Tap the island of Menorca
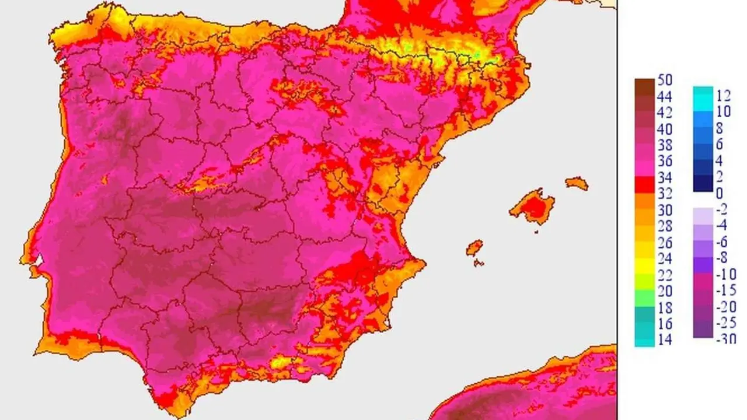click(x=577, y=183)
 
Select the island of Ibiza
click(x=474, y=248)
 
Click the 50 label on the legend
click(x=665, y=80)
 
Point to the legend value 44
click(x=665, y=96)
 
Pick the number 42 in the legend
click(x=665, y=113)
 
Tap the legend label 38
click(x=665, y=145)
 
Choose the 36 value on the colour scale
click(x=665, y=161)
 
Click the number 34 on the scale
click(x=665, y=177)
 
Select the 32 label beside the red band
click(x=665, y=194)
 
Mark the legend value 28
click(x=665, y=226)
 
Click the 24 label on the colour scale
click(x=665, y=258)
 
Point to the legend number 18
click(x=665, y=307)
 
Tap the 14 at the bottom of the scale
click(x=665, y=339)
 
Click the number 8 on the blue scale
click(x=719, y=128)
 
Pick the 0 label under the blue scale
click(x=719, y=193)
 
